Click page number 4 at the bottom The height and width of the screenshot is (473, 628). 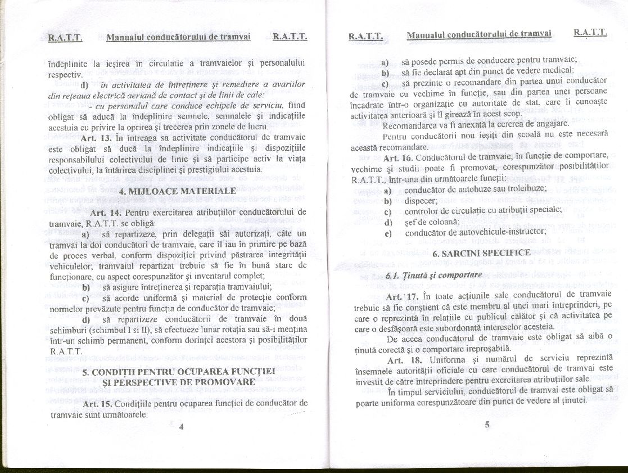(x=181, y=426)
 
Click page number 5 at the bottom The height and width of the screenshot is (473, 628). (x=487, y=425)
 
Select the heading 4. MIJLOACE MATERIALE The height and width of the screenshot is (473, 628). (x=177, y=191)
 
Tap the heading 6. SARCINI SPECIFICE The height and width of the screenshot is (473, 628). (x=481, y=253)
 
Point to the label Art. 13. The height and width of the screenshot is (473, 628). (x=96, y=138)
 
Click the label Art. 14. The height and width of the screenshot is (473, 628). (x=106, y=213)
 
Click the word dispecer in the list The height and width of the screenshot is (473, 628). (x=421, y=199)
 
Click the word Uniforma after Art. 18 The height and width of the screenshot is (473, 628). (x=448, y=359)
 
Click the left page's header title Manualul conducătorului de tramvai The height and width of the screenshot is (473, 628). (x=178, y=38)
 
